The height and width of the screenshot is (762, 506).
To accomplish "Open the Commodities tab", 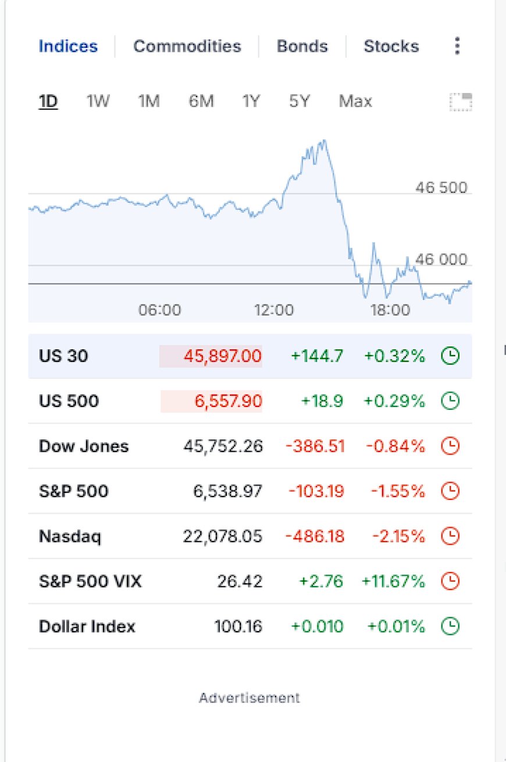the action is click(187, 46).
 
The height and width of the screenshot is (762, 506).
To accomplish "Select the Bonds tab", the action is click(302, 46).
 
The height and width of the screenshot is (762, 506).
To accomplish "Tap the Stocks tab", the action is click(391, 46).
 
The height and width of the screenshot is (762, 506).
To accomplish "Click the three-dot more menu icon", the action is click(457, 45).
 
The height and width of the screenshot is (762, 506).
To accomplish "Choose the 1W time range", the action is click(98, 101).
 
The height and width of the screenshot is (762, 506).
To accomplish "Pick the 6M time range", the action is click(201, 101).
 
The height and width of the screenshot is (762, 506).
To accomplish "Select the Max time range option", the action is click(355, 101).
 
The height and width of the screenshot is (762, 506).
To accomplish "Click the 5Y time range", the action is click(300, 101).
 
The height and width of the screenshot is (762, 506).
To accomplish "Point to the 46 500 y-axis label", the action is click(441, 187).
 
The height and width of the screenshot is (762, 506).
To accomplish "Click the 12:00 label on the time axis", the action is click(274, 310).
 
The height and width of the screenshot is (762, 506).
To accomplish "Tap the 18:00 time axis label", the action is click(390, 310).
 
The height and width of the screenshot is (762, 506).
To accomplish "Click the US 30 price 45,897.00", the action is click(223, 356).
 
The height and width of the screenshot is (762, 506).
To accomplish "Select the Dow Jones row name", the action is click(84, 446).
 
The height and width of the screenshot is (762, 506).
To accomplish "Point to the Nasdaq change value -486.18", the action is click(315, 536).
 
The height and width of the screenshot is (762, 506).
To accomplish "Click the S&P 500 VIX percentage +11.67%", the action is click(393, 581).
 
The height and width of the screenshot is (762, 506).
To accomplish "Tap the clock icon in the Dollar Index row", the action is click(450, 626).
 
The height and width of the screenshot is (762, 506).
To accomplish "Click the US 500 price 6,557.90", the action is click(228, 400).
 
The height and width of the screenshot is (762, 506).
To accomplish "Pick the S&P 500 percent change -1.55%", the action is click(398, 491).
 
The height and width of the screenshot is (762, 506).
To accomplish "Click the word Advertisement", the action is click(250, 697).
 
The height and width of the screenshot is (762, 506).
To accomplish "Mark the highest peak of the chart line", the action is click(325, 140).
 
